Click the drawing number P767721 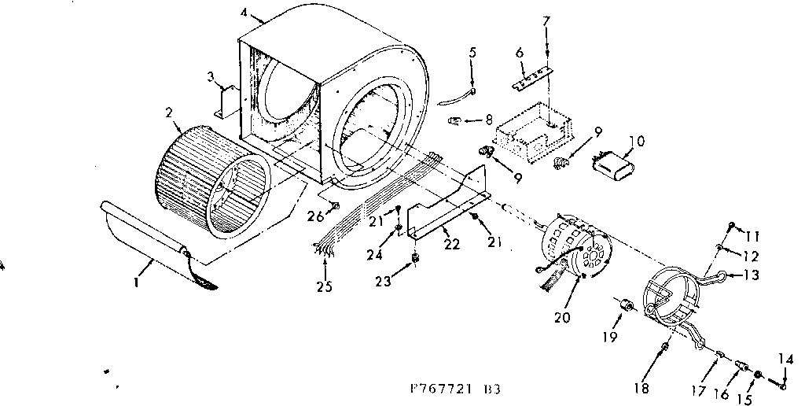(437, 389)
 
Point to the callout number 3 (211, 76)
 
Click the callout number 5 (472, 53)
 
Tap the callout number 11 (754, 235)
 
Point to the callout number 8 (488, 120)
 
